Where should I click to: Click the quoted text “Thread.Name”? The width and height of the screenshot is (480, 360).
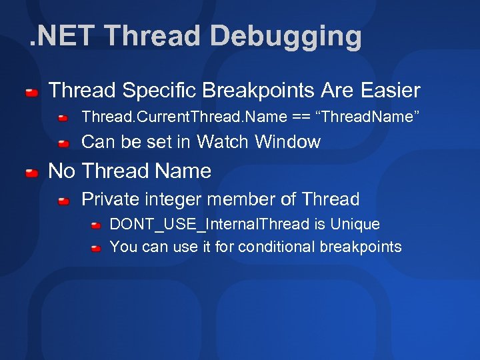(371, 117)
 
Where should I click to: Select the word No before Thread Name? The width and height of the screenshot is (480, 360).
(62, 171)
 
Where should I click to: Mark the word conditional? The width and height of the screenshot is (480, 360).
(276, 247)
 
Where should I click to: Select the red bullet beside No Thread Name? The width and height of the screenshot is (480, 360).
(32, 173)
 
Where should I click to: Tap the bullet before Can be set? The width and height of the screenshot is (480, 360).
(63, 143)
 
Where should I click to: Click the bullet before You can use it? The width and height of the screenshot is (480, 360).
(96, 248)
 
